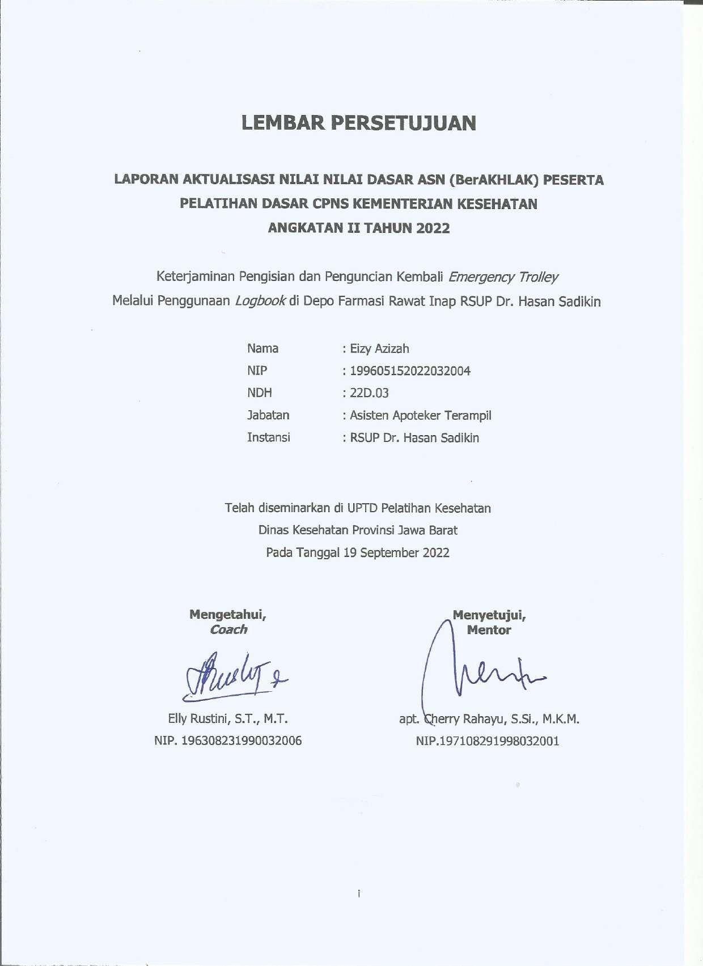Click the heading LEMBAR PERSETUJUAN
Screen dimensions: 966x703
[x=358, y=123]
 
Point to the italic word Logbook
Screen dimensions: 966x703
[x=260, y=301]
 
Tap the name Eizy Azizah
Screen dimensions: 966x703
[x=379, y=349]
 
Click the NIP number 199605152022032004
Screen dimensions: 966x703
[x=410, y=371]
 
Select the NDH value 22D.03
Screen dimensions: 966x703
[x=369, y=393]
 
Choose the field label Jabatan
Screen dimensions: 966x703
[x=268, y=415]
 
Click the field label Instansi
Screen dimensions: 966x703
[x=268, y=437]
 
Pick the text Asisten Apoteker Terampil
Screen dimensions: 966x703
[x=420, y=415]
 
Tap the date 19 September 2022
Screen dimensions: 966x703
[x=396, y=553]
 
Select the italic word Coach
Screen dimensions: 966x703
[x=228, y=629]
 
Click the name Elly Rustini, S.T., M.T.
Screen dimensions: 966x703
[x=228, y=720]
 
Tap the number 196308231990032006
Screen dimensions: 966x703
[x=240, y=741]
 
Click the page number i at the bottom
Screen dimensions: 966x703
[x=359, y=894]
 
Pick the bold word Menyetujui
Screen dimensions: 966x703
[x=489, y=615]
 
